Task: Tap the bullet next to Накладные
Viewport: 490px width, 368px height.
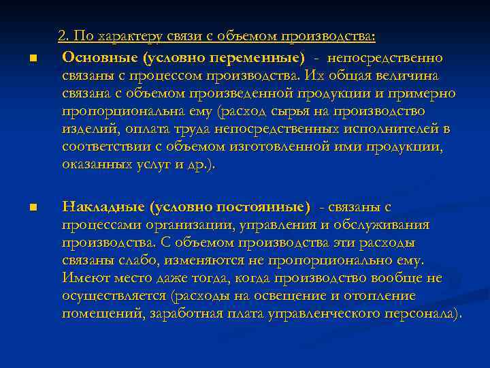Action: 32,208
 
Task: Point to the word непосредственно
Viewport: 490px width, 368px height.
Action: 385,57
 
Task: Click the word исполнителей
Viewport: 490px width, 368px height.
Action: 385,129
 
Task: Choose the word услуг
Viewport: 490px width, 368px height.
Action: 154,164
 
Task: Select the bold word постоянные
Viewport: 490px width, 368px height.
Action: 267,206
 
